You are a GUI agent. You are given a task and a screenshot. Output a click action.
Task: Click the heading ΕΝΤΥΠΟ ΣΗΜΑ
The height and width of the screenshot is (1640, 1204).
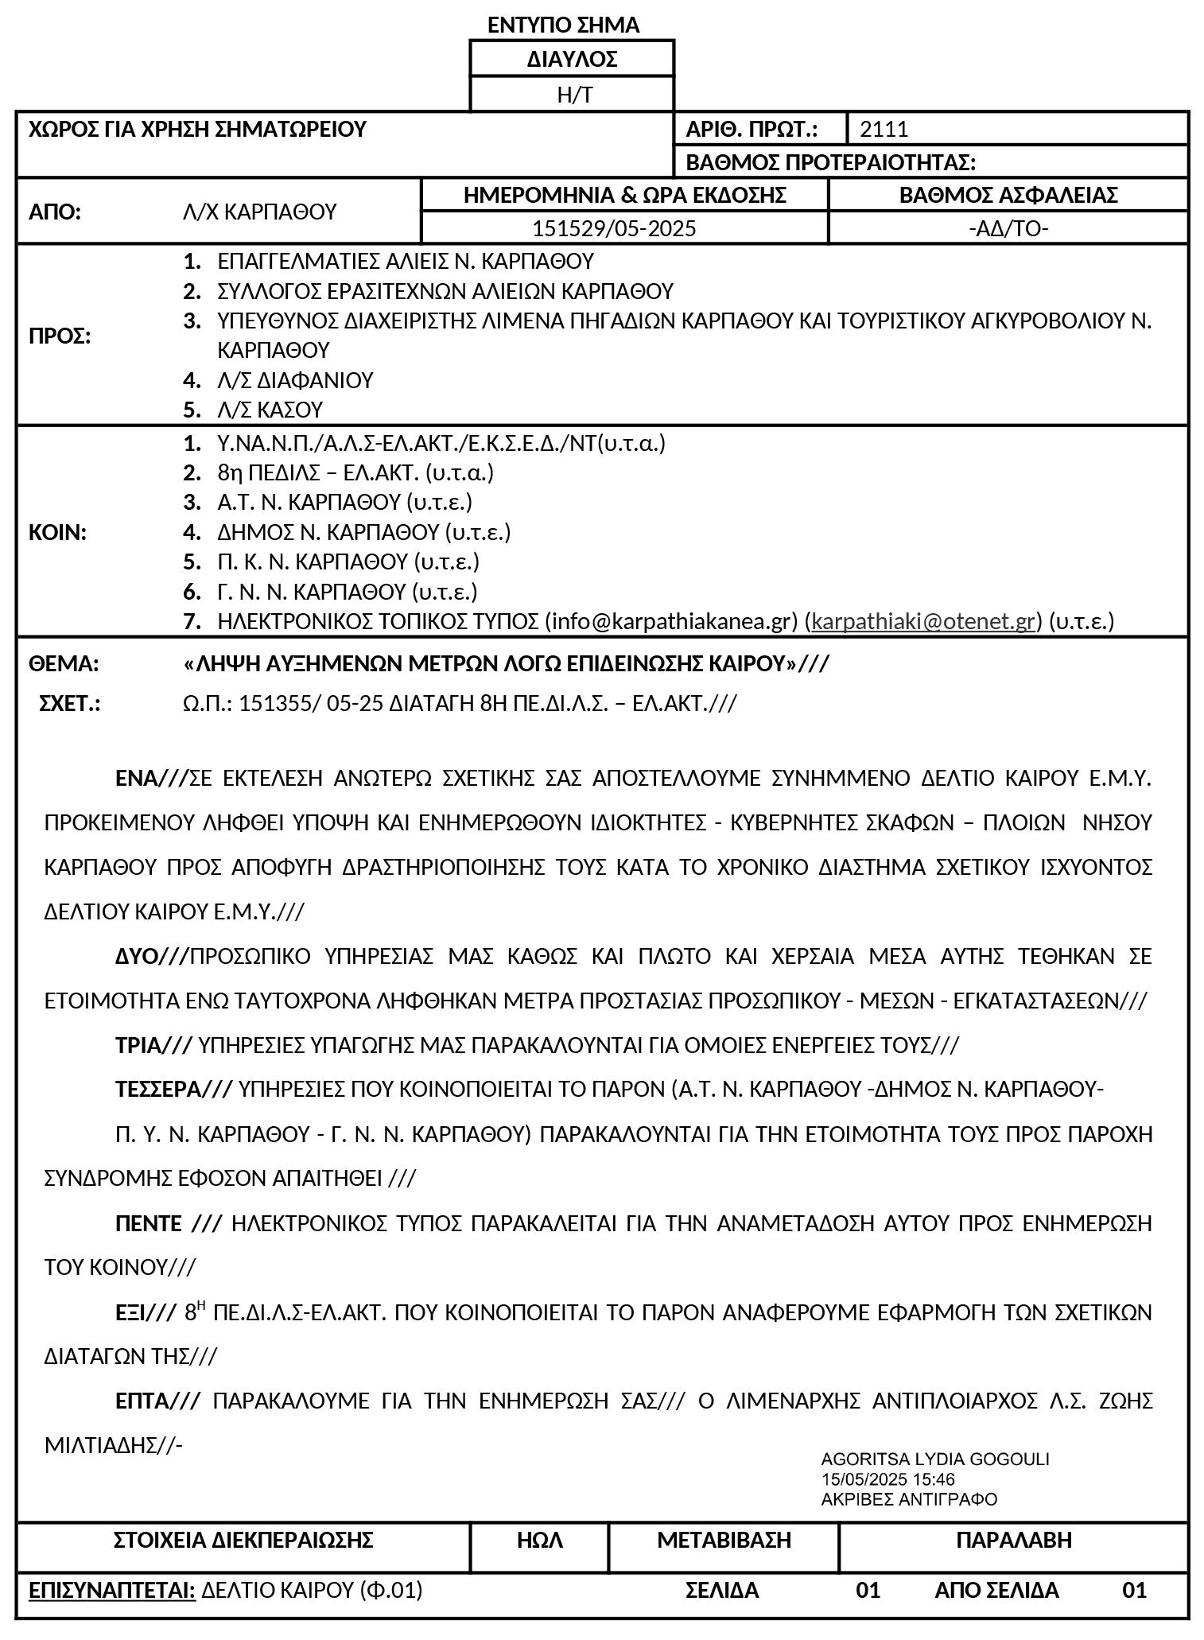563,25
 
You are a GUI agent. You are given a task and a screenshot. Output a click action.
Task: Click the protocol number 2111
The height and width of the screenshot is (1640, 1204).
884,129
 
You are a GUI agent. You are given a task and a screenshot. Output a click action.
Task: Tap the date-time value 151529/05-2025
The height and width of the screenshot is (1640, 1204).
614,229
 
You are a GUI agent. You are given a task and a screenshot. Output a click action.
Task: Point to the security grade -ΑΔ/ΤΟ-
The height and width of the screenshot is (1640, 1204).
1008,229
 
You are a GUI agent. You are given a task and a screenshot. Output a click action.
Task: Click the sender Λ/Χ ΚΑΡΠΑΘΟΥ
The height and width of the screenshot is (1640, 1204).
259,212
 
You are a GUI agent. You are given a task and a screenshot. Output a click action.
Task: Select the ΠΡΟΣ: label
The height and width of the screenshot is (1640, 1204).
60,336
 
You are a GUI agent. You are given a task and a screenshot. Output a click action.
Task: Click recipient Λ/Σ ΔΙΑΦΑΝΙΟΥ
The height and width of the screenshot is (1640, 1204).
295,380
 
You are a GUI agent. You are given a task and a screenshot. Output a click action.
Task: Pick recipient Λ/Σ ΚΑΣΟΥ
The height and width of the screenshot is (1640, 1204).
270,410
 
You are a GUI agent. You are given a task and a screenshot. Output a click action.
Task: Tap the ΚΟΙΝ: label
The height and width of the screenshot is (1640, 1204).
57,533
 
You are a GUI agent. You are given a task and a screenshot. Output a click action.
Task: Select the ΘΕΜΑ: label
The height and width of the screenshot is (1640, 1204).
64,664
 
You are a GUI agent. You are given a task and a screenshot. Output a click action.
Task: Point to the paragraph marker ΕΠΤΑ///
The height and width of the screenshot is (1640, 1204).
157,1401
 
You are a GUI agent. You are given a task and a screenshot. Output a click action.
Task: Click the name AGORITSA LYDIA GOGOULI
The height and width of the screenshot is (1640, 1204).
934,1459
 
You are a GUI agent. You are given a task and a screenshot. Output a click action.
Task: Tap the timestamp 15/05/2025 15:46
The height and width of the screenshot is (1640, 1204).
887,1479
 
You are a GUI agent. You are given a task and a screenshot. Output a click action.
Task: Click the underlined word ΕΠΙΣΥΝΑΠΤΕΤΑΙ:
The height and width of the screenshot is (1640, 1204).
112,1590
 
